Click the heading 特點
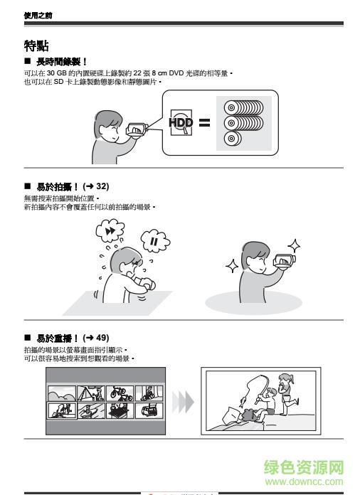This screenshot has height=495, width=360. pyautogui.click(x=36, y=46)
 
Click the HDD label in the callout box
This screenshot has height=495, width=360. pyautogui.click(x=181, y=122)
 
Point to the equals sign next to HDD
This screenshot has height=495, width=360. pyautogui.click(x=204, y=122)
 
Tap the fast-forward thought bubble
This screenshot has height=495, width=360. pyautogui.click(x=111, y=231)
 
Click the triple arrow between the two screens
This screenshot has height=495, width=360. pyautogui.click(x=184, y=402)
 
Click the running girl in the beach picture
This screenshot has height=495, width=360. pyautogui.click(x=286, y=391)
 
